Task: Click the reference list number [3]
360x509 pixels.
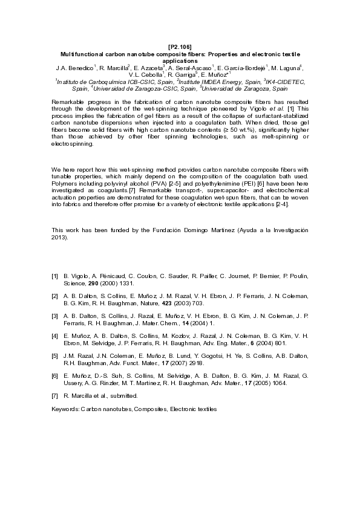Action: click(55, 316)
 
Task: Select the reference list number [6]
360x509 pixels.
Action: click(55, 376)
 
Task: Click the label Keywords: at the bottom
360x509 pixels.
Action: click(66, 409)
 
